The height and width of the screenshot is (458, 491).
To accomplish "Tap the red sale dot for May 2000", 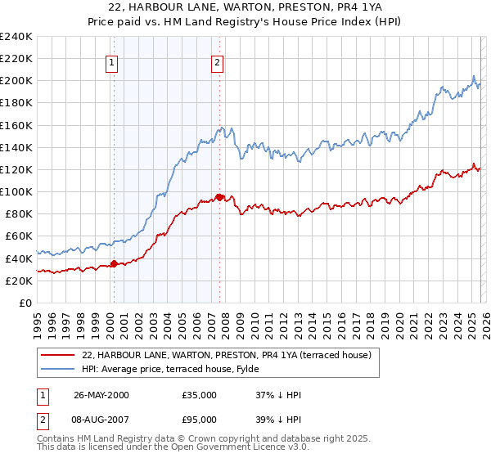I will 115,263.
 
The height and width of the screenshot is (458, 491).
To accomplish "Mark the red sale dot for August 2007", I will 219,197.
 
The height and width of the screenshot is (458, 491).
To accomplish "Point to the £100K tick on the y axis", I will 16,191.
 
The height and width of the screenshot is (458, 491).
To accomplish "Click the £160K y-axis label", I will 16,125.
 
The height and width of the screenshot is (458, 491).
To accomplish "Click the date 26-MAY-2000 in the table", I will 101,395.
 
